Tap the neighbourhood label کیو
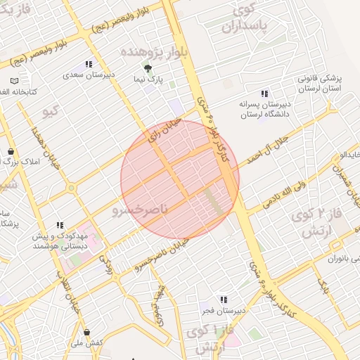click(x=51, y=111)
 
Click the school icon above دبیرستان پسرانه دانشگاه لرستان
click(x=264, y=94)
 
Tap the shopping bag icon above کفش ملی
click(x=86, y=332)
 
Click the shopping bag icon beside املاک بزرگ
click(x=11, y=152)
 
